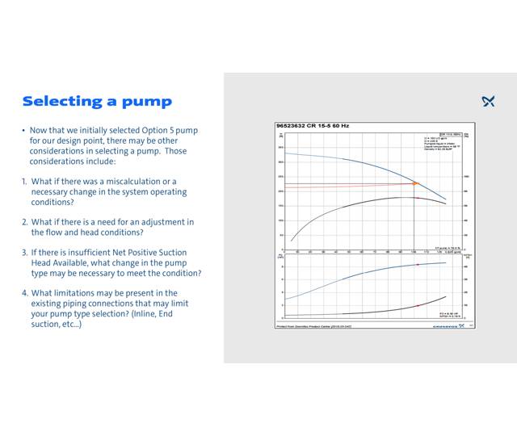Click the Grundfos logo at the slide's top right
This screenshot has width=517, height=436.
[488, 102]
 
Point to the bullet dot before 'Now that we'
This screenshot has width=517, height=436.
[23, 131]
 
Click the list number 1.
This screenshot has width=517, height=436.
[24, 182]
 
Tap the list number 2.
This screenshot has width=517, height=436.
[24, 222]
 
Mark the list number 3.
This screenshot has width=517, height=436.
[24, 253]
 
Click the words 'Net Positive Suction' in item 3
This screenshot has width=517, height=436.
[162, 253]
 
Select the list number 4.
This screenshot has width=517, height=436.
[24, 293]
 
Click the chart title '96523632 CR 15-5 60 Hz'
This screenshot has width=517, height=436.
[313, 126]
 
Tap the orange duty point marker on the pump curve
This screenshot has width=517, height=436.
[415, 184]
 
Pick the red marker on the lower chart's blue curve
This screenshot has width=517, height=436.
[417, 266]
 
